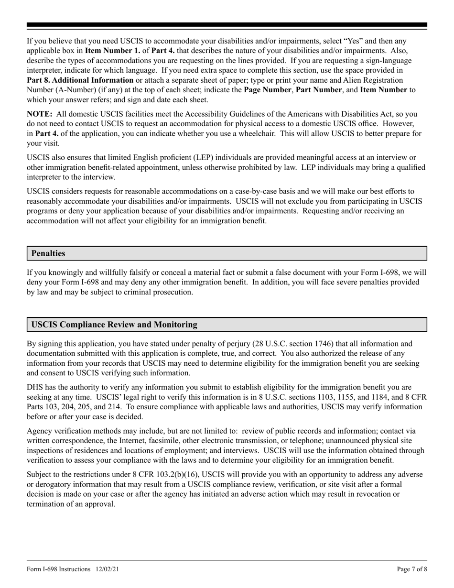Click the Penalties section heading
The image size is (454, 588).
[48, 253]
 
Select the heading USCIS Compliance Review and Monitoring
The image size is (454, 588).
[114, 325]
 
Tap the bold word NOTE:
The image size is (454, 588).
[39, 114]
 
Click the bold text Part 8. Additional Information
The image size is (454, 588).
[80, 80]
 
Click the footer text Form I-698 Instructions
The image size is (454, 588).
[58, 569]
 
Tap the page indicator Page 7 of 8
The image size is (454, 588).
[411, 569]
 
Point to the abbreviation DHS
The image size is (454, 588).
[35, 388]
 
